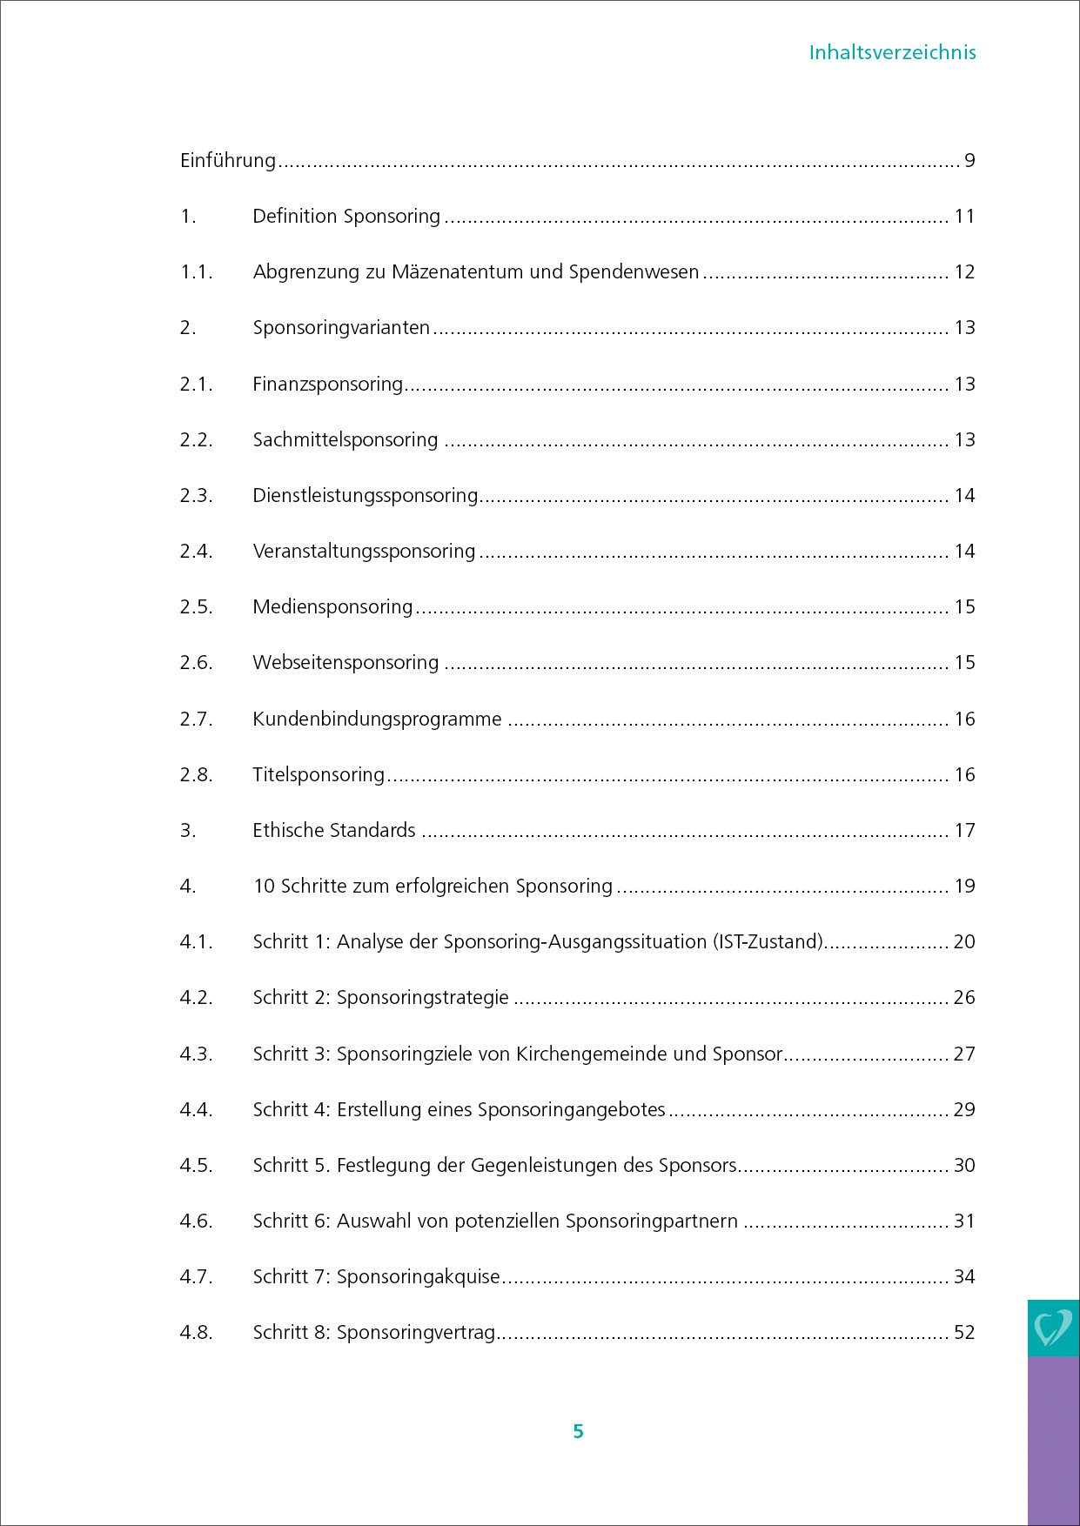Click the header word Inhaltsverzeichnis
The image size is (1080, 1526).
pyautogui.click(x=892, y=52)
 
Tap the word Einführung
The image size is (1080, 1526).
pyautogui.click(x=228, y=161)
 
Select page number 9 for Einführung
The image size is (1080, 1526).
pyautogui.click(x=969, y=161)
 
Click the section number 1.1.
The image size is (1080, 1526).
pyautogui.click(x=196, y=272)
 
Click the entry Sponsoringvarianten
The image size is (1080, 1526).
pyautogui.click(x=341, y=328)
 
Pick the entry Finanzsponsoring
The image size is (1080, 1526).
pyautogui.click(x=327, y=385)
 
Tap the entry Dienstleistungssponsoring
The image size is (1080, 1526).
pyautogui.click(x=366, y=496)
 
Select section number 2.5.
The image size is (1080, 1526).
pyautogui.click(x=196, y=607)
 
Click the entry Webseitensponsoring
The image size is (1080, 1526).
pyautogui.click(x=345, y=663)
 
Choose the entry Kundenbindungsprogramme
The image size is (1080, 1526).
pyautogui.click(x=377, y=719)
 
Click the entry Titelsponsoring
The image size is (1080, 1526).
pyautogui.click(x=319, y=775)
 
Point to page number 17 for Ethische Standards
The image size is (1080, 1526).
pyautogui.click(x=964, y=831)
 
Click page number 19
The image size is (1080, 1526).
pyautogui.click(x=964, y=887)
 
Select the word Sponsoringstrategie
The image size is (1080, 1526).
pyautogui.click(x=422, y=998)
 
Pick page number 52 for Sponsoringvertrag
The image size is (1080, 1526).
pyautogui.click(x=964, y=1333)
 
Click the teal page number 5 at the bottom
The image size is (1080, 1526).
pyautogui.click(x=578, y=1432)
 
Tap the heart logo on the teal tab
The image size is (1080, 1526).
pyautogui.click(x=1052, y=1329)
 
